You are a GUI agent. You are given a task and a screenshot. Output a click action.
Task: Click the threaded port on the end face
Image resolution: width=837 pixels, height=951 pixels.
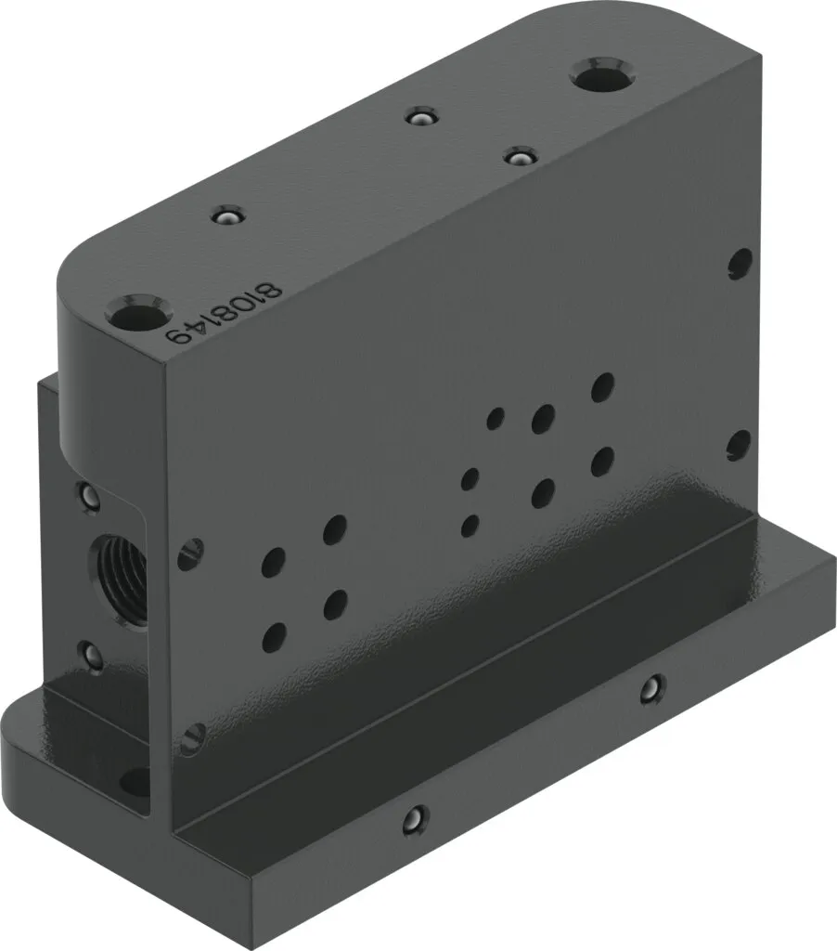tap(120, 581)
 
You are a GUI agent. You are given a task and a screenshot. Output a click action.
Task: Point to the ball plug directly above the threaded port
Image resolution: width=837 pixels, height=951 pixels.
tap(89, 496)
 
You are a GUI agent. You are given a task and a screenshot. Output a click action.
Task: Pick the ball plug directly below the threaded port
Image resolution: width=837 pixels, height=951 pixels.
tap(91, 656)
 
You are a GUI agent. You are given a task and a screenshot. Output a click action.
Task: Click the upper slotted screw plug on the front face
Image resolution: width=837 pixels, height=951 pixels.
tap(190, 554)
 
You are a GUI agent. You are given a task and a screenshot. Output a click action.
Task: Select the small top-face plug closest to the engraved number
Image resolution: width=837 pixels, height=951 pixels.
tap(227, 215)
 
